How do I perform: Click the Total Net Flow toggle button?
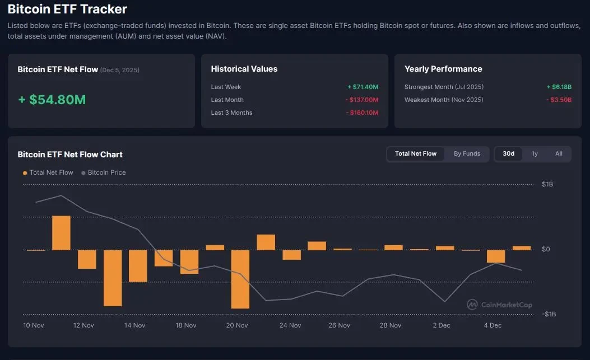tap(415, 153)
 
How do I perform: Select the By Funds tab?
tap(467, 153)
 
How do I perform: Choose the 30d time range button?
tap(508, 153)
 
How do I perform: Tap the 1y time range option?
tap(535, 153)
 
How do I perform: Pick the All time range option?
tap(559, 153)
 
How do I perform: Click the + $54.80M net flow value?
tap(52, 100)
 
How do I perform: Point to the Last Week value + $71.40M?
tap(363, 87)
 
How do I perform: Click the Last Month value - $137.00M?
tap(361, 100)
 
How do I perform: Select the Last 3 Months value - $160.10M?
tap(361, 113)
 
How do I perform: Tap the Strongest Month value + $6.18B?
tap(559, 87)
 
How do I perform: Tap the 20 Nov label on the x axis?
tap(237, 325)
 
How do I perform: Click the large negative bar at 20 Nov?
tap(240, 279)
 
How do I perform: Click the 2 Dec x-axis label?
tap(442, 325)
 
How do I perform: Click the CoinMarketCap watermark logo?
tap(499, 305)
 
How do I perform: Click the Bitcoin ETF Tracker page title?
tap(67, 9)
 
